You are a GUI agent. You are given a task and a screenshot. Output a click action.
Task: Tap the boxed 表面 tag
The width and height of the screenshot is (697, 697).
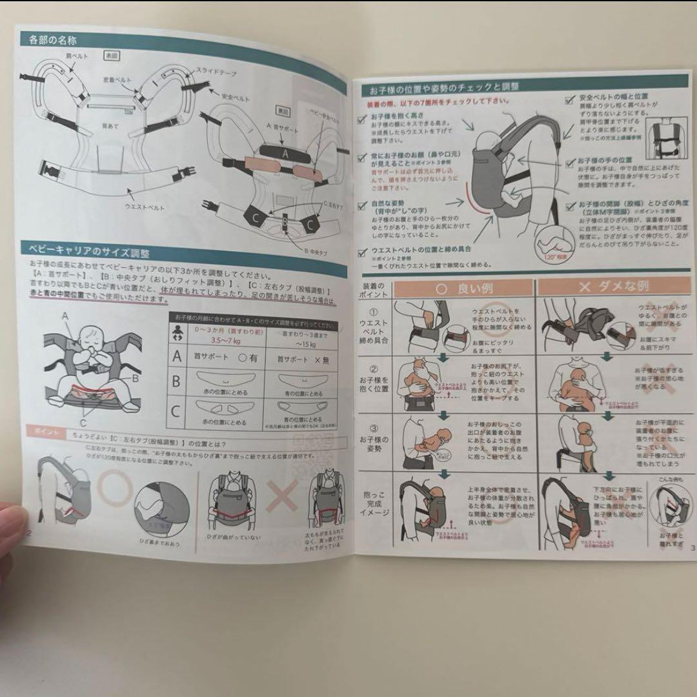tap(112, 57)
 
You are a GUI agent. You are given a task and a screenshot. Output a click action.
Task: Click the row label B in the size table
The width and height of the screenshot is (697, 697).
tap(176, 381)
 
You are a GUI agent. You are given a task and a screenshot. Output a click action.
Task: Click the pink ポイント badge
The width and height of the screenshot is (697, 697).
tap(43, 432)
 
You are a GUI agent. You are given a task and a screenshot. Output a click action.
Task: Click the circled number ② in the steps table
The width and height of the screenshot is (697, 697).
tap(374, 370)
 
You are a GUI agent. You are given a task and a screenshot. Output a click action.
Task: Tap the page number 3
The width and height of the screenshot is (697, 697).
tap(692, 549)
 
